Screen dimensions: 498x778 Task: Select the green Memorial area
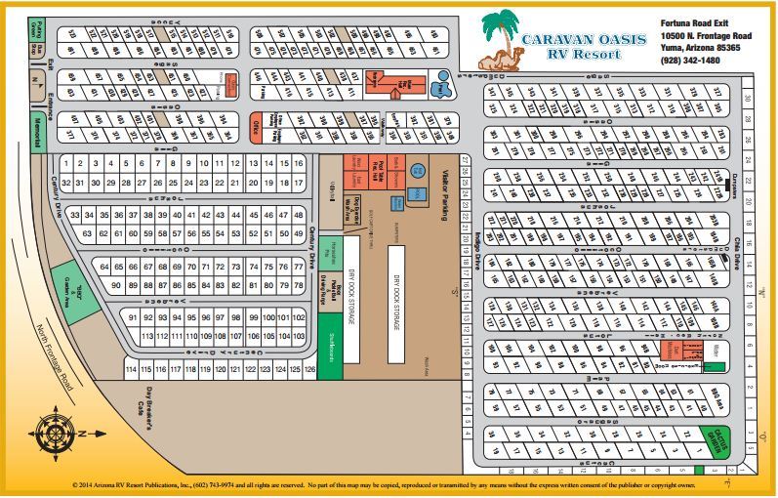[39, 130]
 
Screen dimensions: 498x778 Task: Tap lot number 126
[310, 370]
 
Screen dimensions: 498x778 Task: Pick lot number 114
[131, 370]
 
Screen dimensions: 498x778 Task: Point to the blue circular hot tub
[418, 168]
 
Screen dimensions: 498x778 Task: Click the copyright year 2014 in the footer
[89, 484]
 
